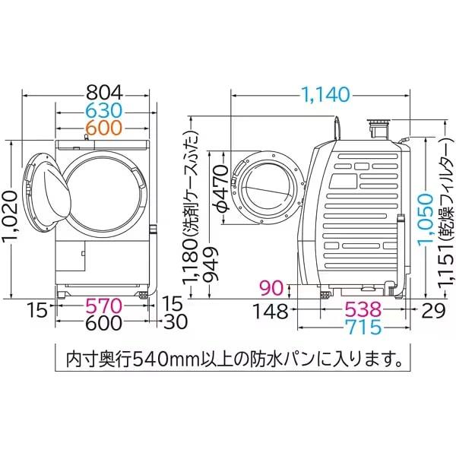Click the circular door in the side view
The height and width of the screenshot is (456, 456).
pyautogui.click(x=267, y=185)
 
